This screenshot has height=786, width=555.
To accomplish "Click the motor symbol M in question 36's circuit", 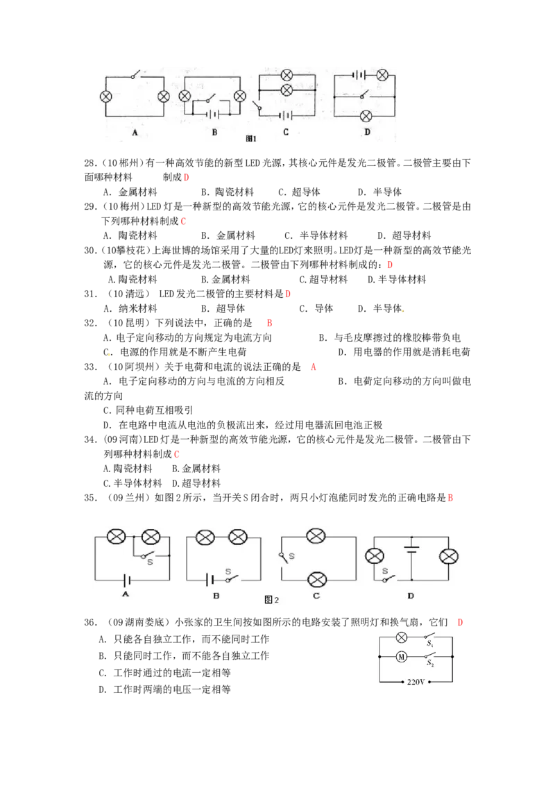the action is pyautogui.click(x=401, y=656).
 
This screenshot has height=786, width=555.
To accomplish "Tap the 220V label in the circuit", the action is pyautogui.click(x=416, y=682).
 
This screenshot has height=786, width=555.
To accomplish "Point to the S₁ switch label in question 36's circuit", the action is pyautogui.click(x=429, y=643).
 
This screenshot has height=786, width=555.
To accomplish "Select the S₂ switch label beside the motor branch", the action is pyautogui.click(x=430, y=662).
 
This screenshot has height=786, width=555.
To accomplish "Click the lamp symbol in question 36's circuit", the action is pyautogui.click(x=402, y=637).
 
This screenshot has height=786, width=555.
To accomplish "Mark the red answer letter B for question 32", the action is pyautogui.click(x=269, y=323).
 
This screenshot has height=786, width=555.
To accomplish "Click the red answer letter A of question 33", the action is pyautogui.click(x=314, y=367).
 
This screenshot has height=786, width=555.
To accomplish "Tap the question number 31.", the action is pyautogui.click(x=90, y=294).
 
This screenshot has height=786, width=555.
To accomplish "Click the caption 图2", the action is pyautogui.click(x=271, y=599).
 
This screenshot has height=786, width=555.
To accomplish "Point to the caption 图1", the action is pyautogui.click(x=251, y=138).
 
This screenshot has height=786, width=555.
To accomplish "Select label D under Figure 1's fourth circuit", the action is pyautogui.click(x=367, y=132).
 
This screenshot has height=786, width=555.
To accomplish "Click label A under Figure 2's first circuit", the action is pyautogui.click(x=126, y=594).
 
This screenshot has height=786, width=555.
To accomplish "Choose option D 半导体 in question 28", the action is pyautogui.click(x=379, y=192).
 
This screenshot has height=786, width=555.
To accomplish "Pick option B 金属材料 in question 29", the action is pyautogui.click(x=228, y=235).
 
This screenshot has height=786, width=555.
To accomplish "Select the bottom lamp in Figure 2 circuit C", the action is pyautogui.click(x=316, y=580).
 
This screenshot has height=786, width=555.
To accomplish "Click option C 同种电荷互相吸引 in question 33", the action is pyautogui.click(x=148, y=410).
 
